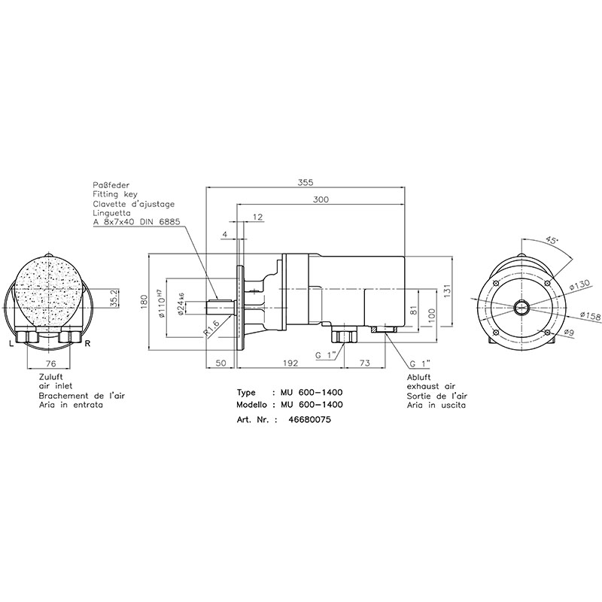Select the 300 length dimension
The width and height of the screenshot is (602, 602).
point(321,199)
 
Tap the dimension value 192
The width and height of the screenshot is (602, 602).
point(290,363)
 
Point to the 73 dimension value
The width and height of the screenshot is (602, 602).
point(365,363)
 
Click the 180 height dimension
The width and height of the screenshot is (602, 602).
point(144,302)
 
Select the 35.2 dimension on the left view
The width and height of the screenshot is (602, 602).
point(114,298)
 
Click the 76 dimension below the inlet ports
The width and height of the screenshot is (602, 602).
point(50,363)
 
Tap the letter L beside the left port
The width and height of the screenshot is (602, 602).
point(11,344)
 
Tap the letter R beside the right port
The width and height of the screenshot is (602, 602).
point(87,343)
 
